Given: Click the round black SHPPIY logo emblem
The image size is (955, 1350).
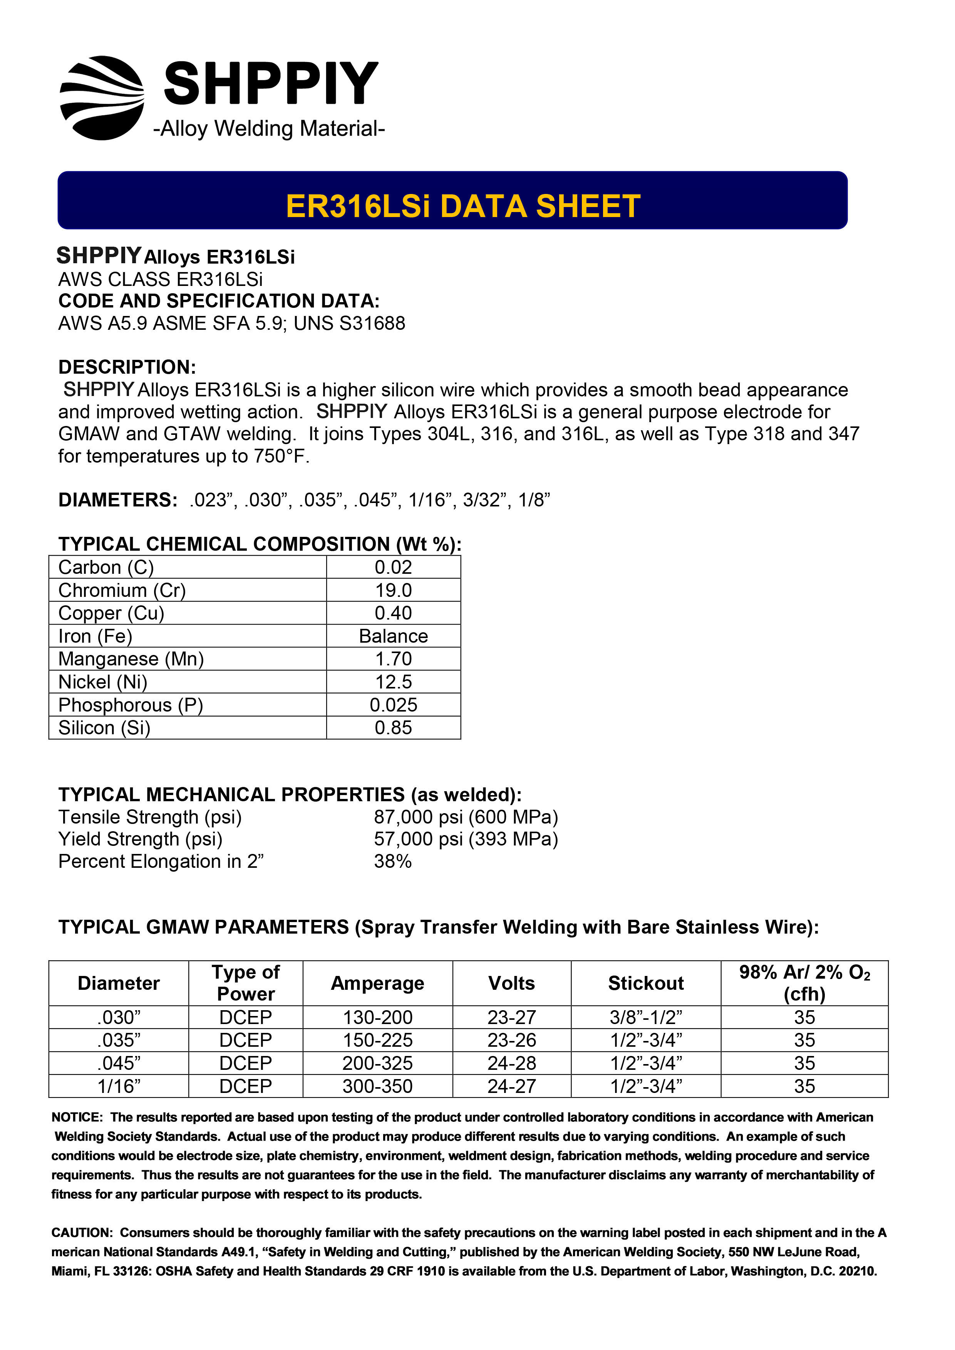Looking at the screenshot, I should click(x=102, y=98).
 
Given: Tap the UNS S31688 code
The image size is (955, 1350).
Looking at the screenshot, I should click(x=349, y=323).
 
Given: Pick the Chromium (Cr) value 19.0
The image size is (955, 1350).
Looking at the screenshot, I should click(x=393, y=590).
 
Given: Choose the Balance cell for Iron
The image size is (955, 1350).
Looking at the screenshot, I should click(x=393, y=636).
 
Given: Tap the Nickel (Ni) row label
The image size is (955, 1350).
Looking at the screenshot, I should click(x=103, y=682).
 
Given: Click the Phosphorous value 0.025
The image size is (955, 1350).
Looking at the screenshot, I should click(x=393, y=705).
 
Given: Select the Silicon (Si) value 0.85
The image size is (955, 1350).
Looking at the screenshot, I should click(x=393, y=728).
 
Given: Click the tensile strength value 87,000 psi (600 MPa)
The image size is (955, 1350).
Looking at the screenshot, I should click(x=466, y=817).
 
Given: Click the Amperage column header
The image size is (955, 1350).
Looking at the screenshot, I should click(x=377, y=983).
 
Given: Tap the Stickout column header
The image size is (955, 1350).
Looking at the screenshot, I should click(x=645, y=983).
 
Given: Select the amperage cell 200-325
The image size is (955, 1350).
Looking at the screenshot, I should click(x=377, y=1063).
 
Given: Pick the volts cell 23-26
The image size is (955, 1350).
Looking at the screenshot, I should click(x=511, y=1040).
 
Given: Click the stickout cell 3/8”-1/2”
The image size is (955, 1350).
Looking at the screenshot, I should click(x=645, y=1017).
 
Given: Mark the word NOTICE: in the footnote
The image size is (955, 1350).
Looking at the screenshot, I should click(x=77, y=1117).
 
